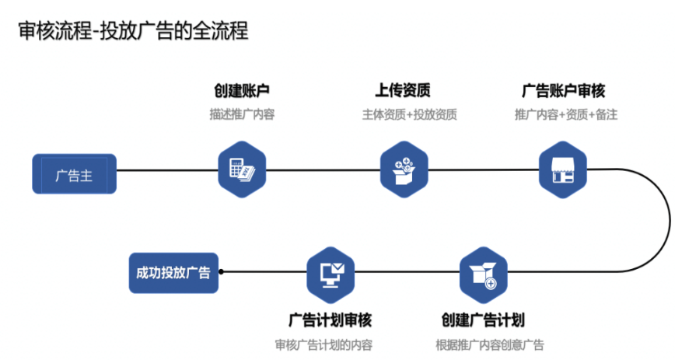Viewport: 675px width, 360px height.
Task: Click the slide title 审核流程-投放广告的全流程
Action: pyautogui.click(x=133, y=31)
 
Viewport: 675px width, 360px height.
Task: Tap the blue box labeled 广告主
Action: pyautogui.click(x=74, y=174)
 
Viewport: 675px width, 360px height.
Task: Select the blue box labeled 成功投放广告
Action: pyautogui.click(x=173, y=272)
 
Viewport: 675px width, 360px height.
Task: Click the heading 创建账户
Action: pyautogui.click(x=242, y=91)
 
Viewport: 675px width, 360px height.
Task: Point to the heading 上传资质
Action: pyautogui.click(x=404, y=91)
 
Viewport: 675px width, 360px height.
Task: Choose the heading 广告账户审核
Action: pyautogui.click(x=563, y=91)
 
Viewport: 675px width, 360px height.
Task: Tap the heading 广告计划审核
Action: pyautogui.click(x=331, y=320)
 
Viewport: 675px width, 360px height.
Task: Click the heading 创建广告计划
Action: pyautogui.click(x=483, y=320)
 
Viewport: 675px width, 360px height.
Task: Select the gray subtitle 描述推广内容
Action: pyautogui.click(x=242, y=114)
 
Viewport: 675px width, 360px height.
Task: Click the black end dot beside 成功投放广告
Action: pyautogui.click(x=222, y=272)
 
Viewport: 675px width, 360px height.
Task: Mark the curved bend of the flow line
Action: pyautogui.click(x=669, y=222)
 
